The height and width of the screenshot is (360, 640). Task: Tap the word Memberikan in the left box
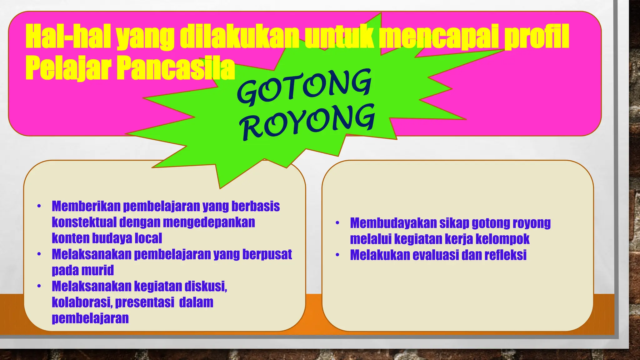click(86, 206)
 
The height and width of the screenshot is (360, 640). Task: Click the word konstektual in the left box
click(84, 222)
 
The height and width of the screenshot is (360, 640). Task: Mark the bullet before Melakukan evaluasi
click(337, 255)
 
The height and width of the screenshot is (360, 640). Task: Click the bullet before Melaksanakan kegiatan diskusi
click(39, 286)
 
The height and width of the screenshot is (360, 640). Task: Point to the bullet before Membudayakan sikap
click(337, 223)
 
